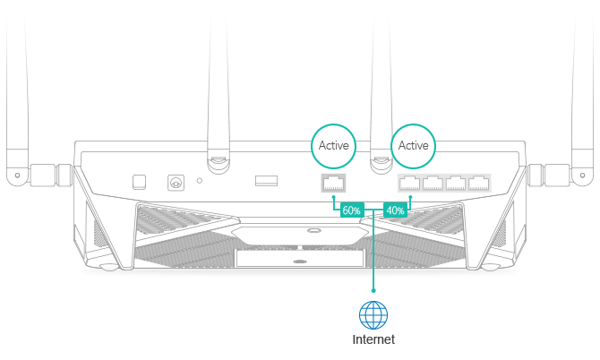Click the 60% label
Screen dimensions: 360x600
click(351, 210)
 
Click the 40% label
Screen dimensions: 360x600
click(395, 210)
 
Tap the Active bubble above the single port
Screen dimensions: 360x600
click(333, 145)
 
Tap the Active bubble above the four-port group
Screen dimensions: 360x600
click(414, 145)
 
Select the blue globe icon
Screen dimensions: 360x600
click(373, 314)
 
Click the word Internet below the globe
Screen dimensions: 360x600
click(373, 340)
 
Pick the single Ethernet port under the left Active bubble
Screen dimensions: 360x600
click(333, 184)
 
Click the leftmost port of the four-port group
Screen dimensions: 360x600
click(409, 184)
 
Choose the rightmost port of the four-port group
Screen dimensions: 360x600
click(480, 184)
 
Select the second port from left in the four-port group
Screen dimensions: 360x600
click(433, 184)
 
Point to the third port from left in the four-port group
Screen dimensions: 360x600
click(457, 184)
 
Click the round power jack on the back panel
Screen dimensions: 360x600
click(176, 183)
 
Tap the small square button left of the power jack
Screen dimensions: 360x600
click(139, 182)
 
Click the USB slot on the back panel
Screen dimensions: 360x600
click(266, 182)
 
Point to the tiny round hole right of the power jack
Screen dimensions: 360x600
click(199, 182)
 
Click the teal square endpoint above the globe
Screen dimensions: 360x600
click(373, 290)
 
